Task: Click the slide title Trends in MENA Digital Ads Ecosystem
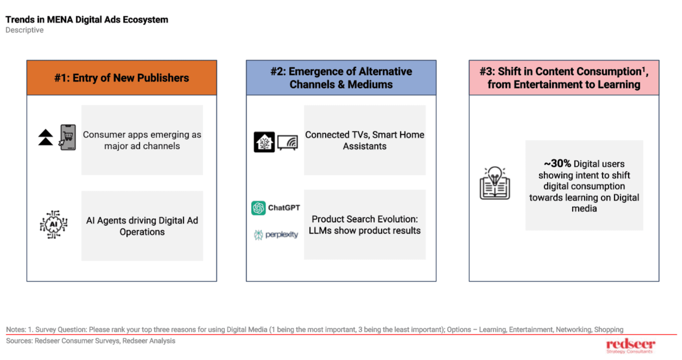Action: (87, 20)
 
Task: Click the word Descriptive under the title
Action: (24, 30)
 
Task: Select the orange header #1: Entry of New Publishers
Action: (122, 78)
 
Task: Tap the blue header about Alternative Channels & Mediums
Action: (341, 78)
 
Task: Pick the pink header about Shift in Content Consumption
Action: (564, 78)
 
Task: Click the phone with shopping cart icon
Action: (68, 137)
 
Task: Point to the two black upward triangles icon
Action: (46, 137)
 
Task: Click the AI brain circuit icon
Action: (54, 224)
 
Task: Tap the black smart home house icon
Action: (264, 142)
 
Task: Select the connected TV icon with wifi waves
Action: (288, 143)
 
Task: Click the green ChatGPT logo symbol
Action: (258, 208)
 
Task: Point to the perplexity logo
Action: (276, 235)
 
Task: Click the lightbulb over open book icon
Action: (495, 183)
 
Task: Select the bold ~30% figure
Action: (557, 164)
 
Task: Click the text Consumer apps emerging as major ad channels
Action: (142, 140)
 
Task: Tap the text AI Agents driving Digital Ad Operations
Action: (142, 226)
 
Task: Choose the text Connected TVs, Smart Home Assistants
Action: (365, 140)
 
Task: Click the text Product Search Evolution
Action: (365, 219)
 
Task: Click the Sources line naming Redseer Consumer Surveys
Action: (91, 341)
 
